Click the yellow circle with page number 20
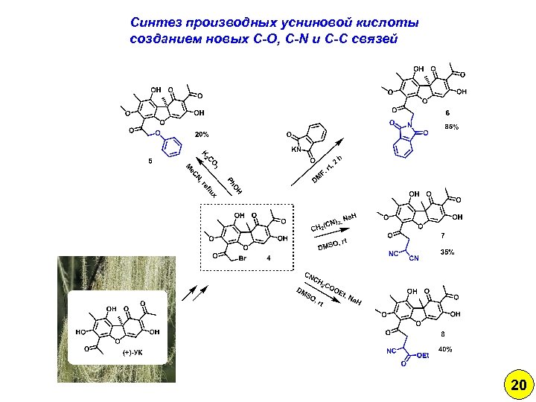[518, 385]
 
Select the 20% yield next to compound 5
[202, 135]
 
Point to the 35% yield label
[447, 253]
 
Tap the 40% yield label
[445, 349]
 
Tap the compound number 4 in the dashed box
[268, 258]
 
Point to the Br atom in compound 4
[243, 258]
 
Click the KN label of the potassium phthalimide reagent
[295, 149]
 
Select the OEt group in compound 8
[422, 356]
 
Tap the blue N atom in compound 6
[409, 124]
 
